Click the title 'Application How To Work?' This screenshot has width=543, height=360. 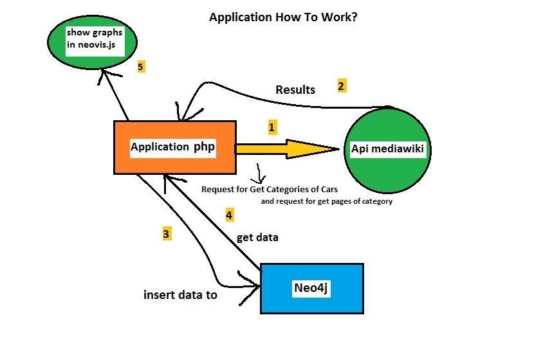(x=284, y=17)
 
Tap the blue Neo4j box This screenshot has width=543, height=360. (x=311, y=288)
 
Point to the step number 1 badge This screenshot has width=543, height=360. (x=271, y=127)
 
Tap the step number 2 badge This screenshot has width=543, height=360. (x=342, y=85)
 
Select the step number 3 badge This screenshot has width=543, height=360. (x=167, y=234)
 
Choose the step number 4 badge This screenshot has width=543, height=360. (x=229, y=215)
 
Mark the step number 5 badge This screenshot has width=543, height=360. (x=141, y=66)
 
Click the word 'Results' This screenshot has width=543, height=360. (x=295, y=90)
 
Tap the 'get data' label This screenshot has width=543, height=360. (x=257, y=237)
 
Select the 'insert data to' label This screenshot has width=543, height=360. (x=180, y=296)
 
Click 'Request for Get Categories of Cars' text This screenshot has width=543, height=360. (x=270, y=190)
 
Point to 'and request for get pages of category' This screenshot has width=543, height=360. (x=326, y=201)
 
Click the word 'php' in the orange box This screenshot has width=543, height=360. (x=204, y=147)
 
